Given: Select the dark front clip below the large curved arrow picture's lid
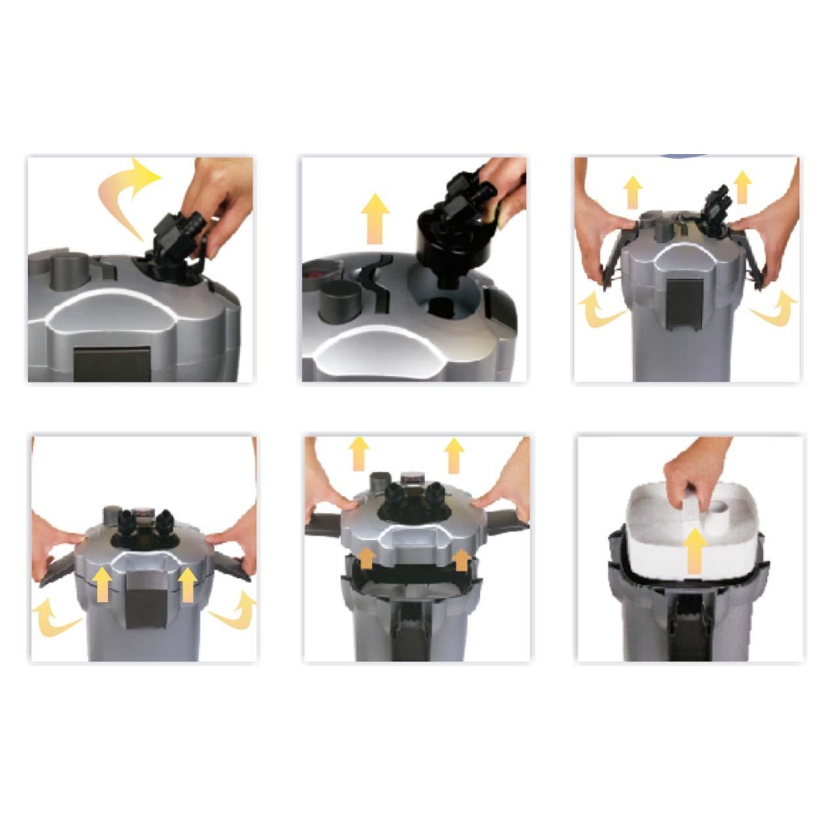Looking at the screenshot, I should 106,364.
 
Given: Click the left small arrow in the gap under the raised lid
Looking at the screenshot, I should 367,558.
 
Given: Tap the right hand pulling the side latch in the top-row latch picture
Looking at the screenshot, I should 771,236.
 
